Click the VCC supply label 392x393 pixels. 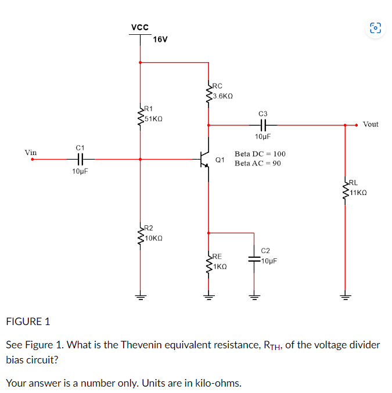click(139, 27)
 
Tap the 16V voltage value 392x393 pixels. click(160, 39)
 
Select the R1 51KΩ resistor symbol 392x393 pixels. click(140, 115)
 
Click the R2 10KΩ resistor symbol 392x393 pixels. click(140, 235)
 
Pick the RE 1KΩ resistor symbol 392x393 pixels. click(209, 263)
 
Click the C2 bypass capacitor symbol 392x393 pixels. click(254, 258)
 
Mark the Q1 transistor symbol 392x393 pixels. click(204, 159)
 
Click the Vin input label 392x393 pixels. click(31, 153)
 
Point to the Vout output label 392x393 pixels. click(370, 124)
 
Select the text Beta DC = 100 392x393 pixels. click(260, 154)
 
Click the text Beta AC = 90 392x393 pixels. click(258, 163)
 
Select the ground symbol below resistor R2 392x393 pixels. click(140, 295)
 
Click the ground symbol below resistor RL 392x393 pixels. click(346, 295)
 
